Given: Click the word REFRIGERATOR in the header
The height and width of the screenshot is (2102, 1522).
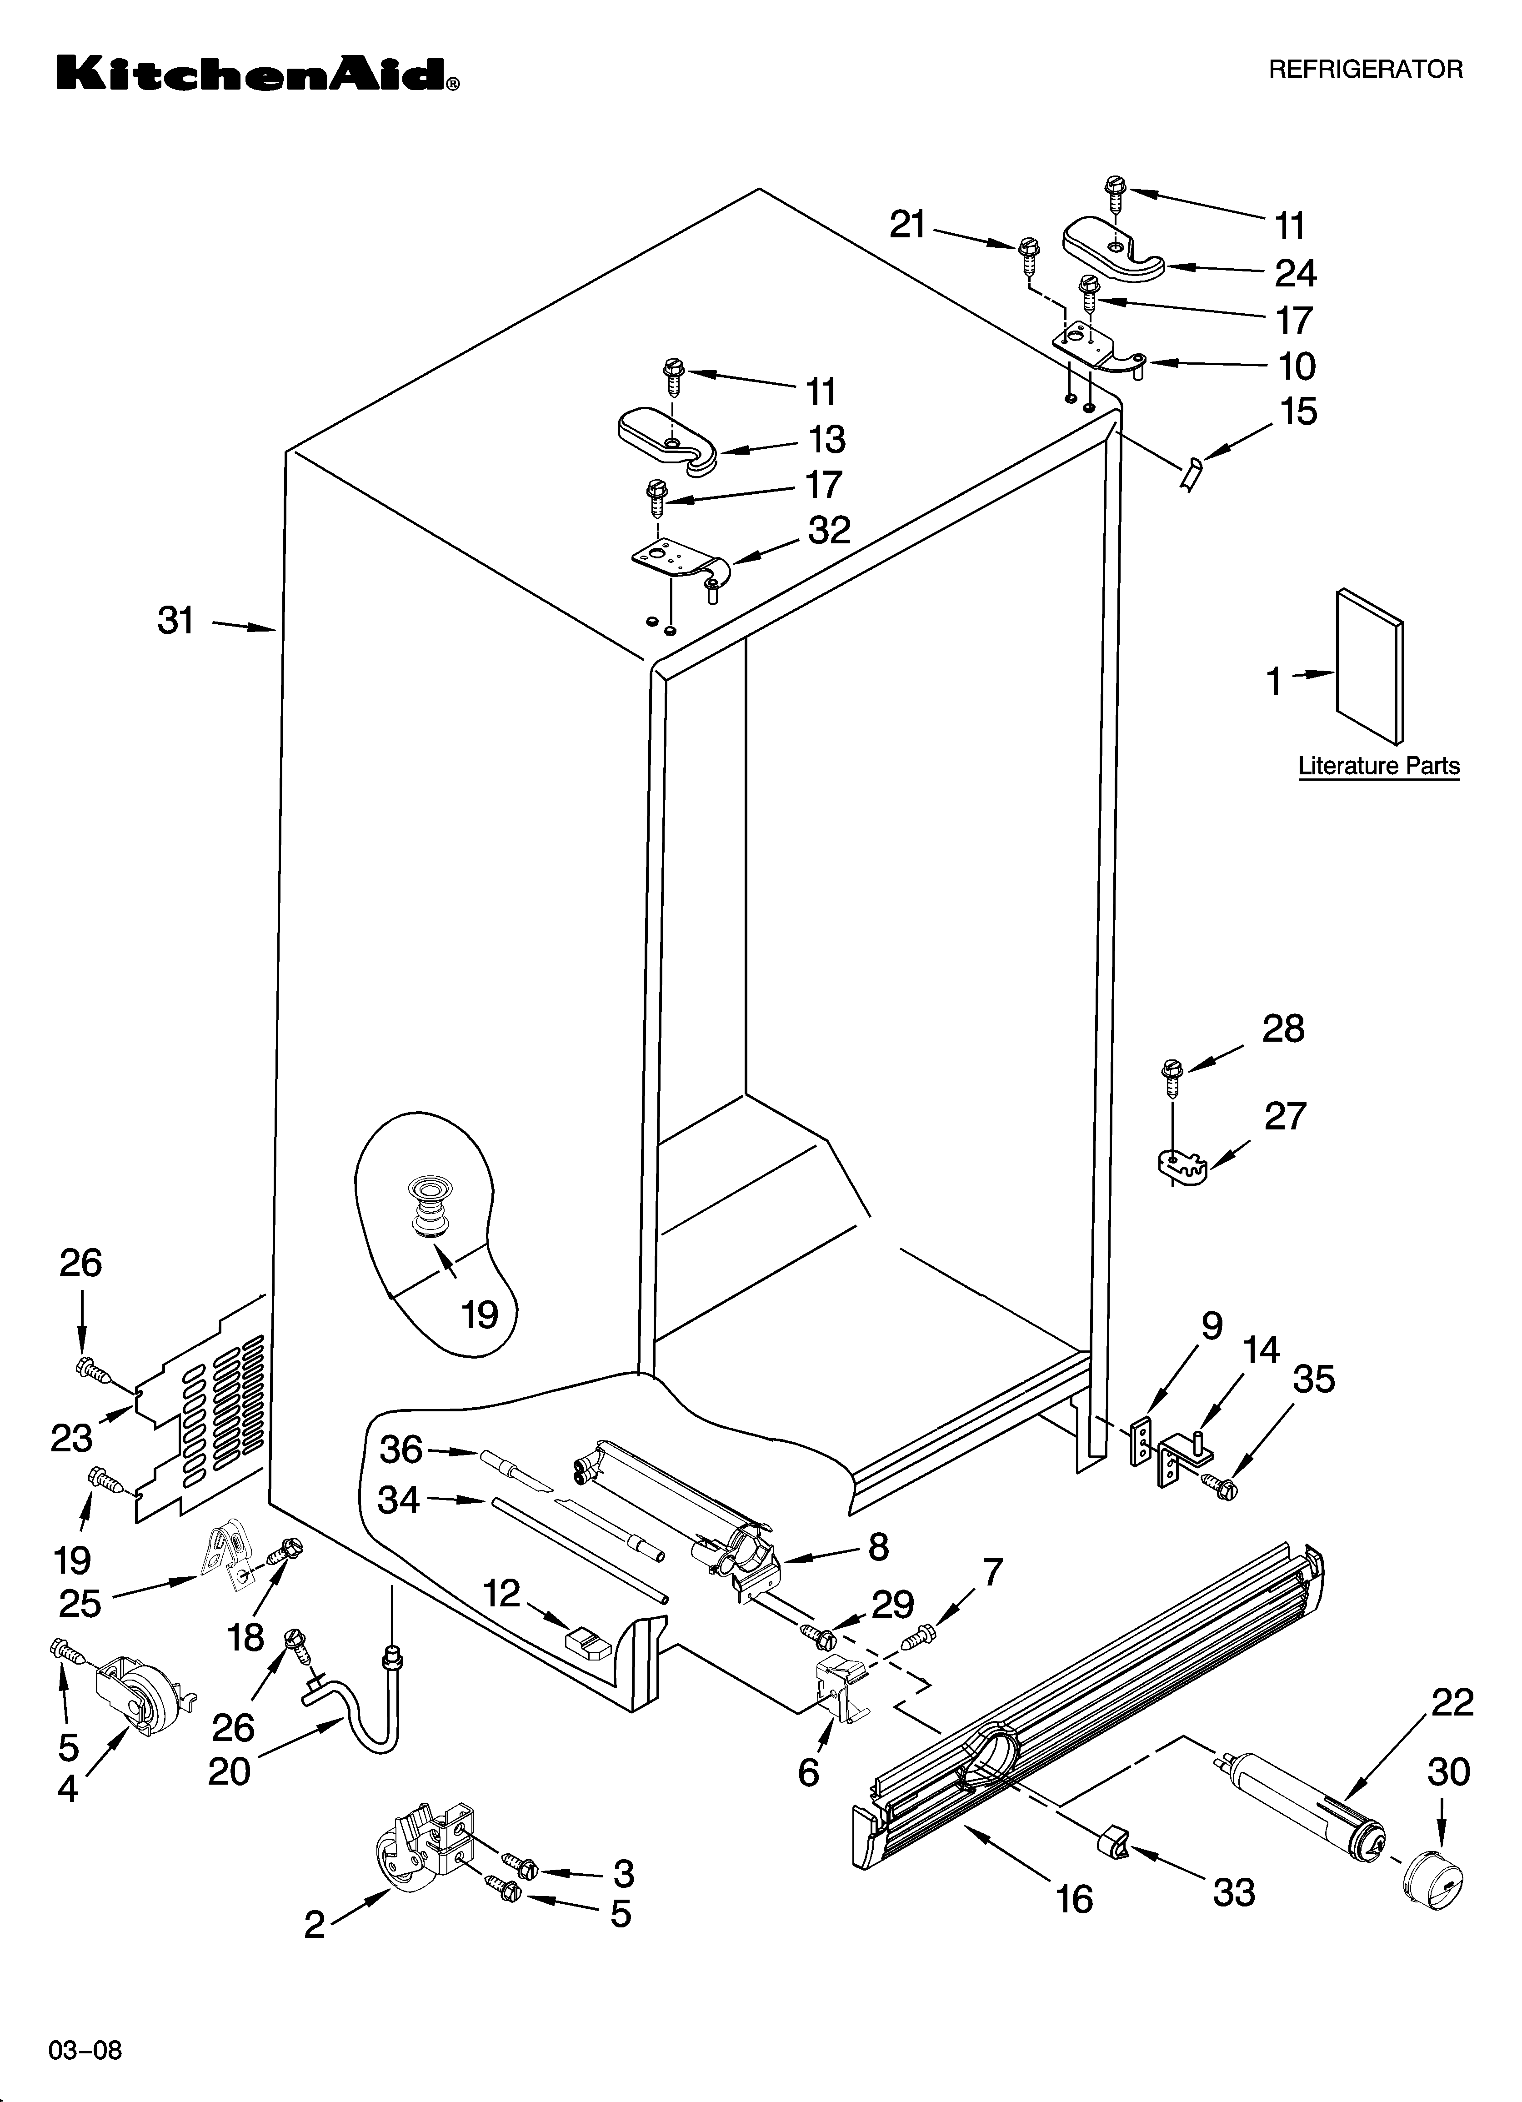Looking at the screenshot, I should (1365, 70).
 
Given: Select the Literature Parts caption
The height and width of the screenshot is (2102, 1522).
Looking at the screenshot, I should (1378, 767).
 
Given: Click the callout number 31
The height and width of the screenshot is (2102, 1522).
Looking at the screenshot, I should (176, 621).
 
